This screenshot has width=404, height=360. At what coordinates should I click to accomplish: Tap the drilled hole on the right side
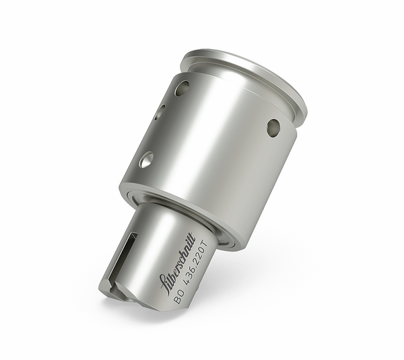273,127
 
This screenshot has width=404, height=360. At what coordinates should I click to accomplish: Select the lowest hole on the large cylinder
145,159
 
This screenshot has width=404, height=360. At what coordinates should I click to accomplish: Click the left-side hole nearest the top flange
182,87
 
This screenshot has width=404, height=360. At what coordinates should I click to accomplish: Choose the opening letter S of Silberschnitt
164,283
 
